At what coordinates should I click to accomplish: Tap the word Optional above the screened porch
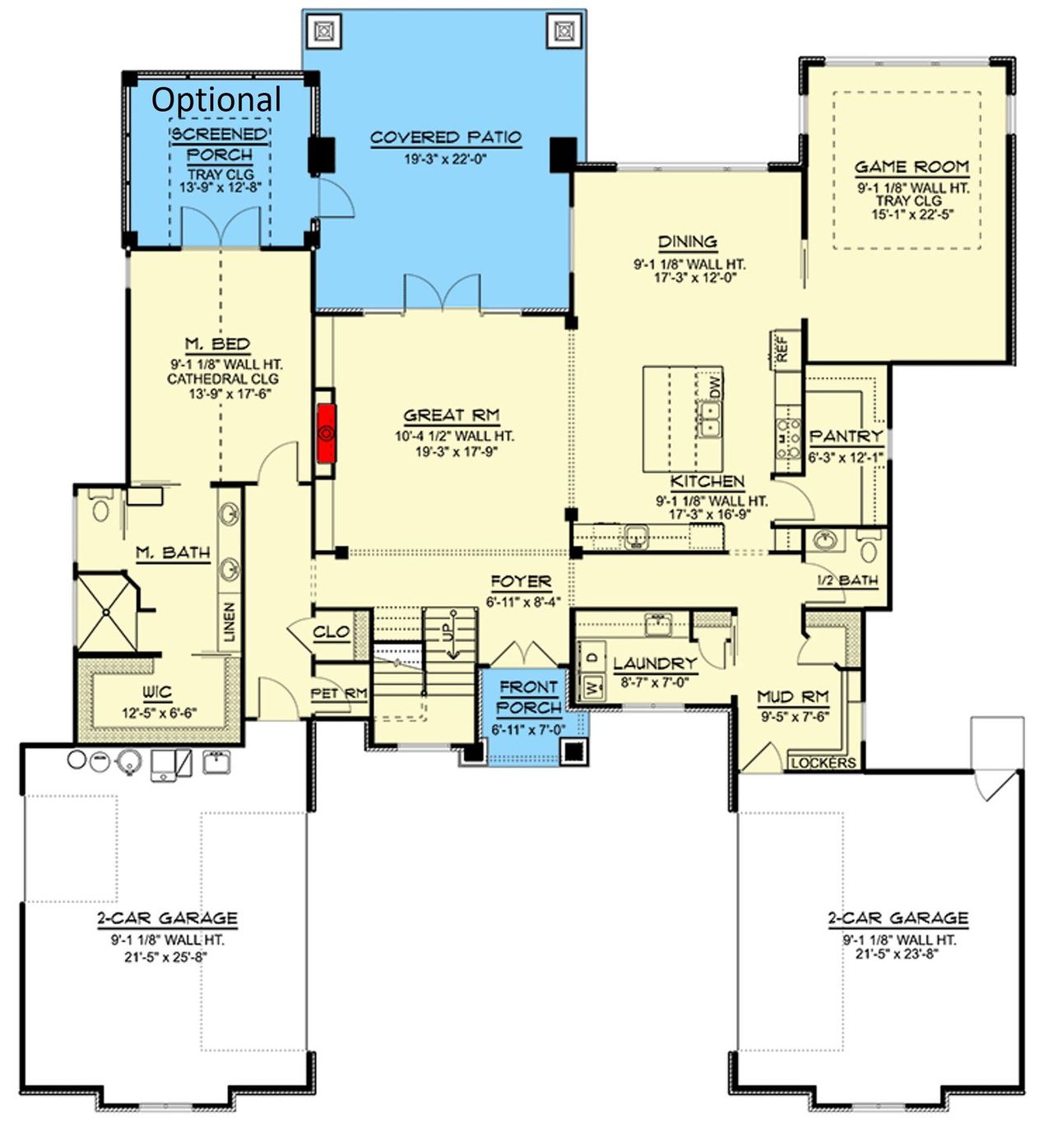coord(216,99)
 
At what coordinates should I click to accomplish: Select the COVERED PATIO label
coord(445,137)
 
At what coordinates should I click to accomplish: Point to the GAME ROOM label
coord(911,167)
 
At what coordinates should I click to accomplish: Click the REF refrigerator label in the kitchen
coord(782,348)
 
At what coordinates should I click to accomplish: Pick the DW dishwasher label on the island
coord(713,386)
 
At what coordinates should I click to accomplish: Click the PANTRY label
coord(846,436)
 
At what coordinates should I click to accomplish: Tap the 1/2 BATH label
coord(847,580)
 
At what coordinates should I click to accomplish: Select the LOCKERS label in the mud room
coord(823,763)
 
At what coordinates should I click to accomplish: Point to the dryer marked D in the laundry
coord(592,658)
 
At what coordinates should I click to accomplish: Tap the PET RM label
coord(338,694)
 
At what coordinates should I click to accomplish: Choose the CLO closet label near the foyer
coord(332,631)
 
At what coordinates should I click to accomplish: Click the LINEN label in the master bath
coord(230,622)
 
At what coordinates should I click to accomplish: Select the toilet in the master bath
coord(101,507)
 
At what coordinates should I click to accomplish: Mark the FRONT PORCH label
coord(528,697)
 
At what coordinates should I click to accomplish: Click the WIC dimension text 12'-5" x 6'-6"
coord(160,713)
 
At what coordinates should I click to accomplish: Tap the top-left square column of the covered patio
coord(324,31)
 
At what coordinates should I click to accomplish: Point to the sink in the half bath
coord(824,540)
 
